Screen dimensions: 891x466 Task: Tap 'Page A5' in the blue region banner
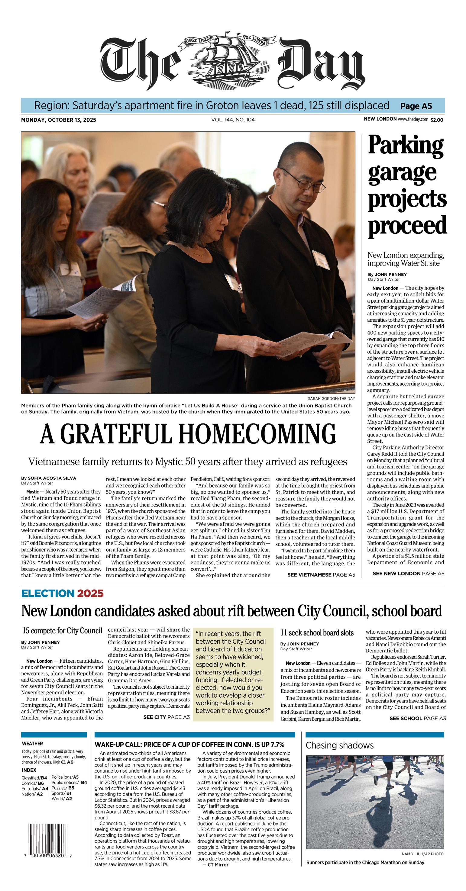pos(416,106)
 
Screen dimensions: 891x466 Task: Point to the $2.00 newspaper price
pos(437,120)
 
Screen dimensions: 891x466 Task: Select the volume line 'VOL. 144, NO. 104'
pos(233,120)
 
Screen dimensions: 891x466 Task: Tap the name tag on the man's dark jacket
pos(321,260)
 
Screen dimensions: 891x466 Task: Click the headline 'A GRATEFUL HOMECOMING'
pos(188,434)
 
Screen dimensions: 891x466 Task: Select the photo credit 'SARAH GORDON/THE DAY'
pos(331,398)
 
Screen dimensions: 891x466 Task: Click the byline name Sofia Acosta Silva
pos(52,478)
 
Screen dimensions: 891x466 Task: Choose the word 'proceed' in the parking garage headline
pos(407,225)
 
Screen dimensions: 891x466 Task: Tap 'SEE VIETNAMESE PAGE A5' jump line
pos(321,574)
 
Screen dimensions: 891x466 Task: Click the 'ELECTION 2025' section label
pos(62,593)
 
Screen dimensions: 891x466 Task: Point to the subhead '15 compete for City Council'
pos(62,631)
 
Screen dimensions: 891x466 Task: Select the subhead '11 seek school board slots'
pos(317,633)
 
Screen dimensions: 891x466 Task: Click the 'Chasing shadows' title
pos(339,745)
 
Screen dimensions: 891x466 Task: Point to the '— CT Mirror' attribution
pos(215,864)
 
